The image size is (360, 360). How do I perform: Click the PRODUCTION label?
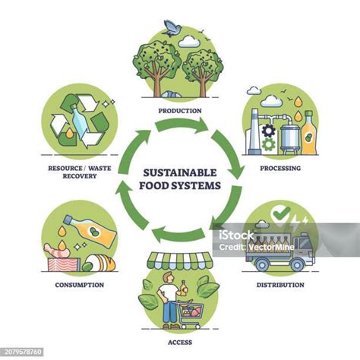180,111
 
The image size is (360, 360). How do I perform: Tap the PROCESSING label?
280,168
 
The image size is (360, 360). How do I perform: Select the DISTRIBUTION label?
280,285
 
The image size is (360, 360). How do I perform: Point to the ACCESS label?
180,343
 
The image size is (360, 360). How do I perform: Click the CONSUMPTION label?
80,285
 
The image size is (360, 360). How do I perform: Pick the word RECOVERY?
80,176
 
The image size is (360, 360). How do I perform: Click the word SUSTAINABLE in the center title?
180,172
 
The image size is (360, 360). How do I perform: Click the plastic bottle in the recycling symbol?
78,121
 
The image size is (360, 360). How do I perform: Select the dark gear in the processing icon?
268,131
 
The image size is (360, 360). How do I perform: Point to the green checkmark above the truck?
282,213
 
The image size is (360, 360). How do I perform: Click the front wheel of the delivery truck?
297,265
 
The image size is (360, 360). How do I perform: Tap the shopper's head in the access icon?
168,276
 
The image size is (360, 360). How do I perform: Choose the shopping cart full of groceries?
190,314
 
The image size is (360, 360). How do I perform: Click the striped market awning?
180,261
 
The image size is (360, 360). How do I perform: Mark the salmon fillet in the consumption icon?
63,264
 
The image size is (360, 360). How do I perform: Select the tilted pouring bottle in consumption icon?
91,231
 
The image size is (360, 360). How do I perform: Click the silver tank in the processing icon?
290,138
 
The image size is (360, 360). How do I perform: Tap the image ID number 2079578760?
23,352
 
